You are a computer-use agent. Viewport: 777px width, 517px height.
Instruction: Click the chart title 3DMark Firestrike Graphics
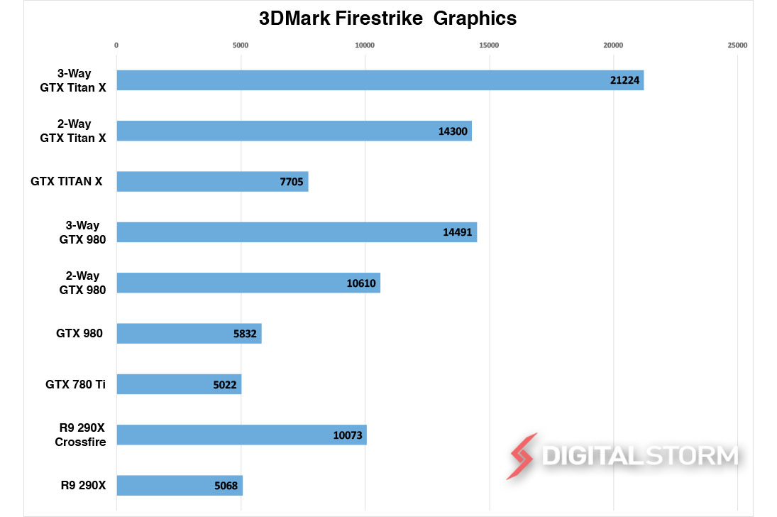point(387,18)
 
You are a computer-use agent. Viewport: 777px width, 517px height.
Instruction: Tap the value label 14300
point(453,131)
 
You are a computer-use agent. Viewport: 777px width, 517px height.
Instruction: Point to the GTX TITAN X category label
point(66,181)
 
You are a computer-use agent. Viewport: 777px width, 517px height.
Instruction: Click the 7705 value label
point(291,182)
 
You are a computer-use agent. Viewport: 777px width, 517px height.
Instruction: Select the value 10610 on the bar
point(361,283)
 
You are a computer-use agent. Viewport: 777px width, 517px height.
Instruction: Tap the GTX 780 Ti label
point(75,384)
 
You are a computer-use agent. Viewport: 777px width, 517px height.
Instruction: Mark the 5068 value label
point(225,486)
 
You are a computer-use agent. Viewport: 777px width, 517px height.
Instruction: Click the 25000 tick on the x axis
point(737,45)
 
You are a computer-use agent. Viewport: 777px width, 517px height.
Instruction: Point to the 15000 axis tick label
point(489,45)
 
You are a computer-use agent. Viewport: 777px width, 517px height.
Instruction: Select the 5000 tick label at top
point(241,45)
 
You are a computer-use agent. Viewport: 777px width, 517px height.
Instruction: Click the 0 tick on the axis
point(116,45)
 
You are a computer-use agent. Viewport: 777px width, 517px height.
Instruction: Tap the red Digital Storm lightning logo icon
point(521,456)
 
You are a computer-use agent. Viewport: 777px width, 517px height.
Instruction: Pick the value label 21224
point(625,80)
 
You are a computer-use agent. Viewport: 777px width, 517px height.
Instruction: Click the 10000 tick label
point(365,45)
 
